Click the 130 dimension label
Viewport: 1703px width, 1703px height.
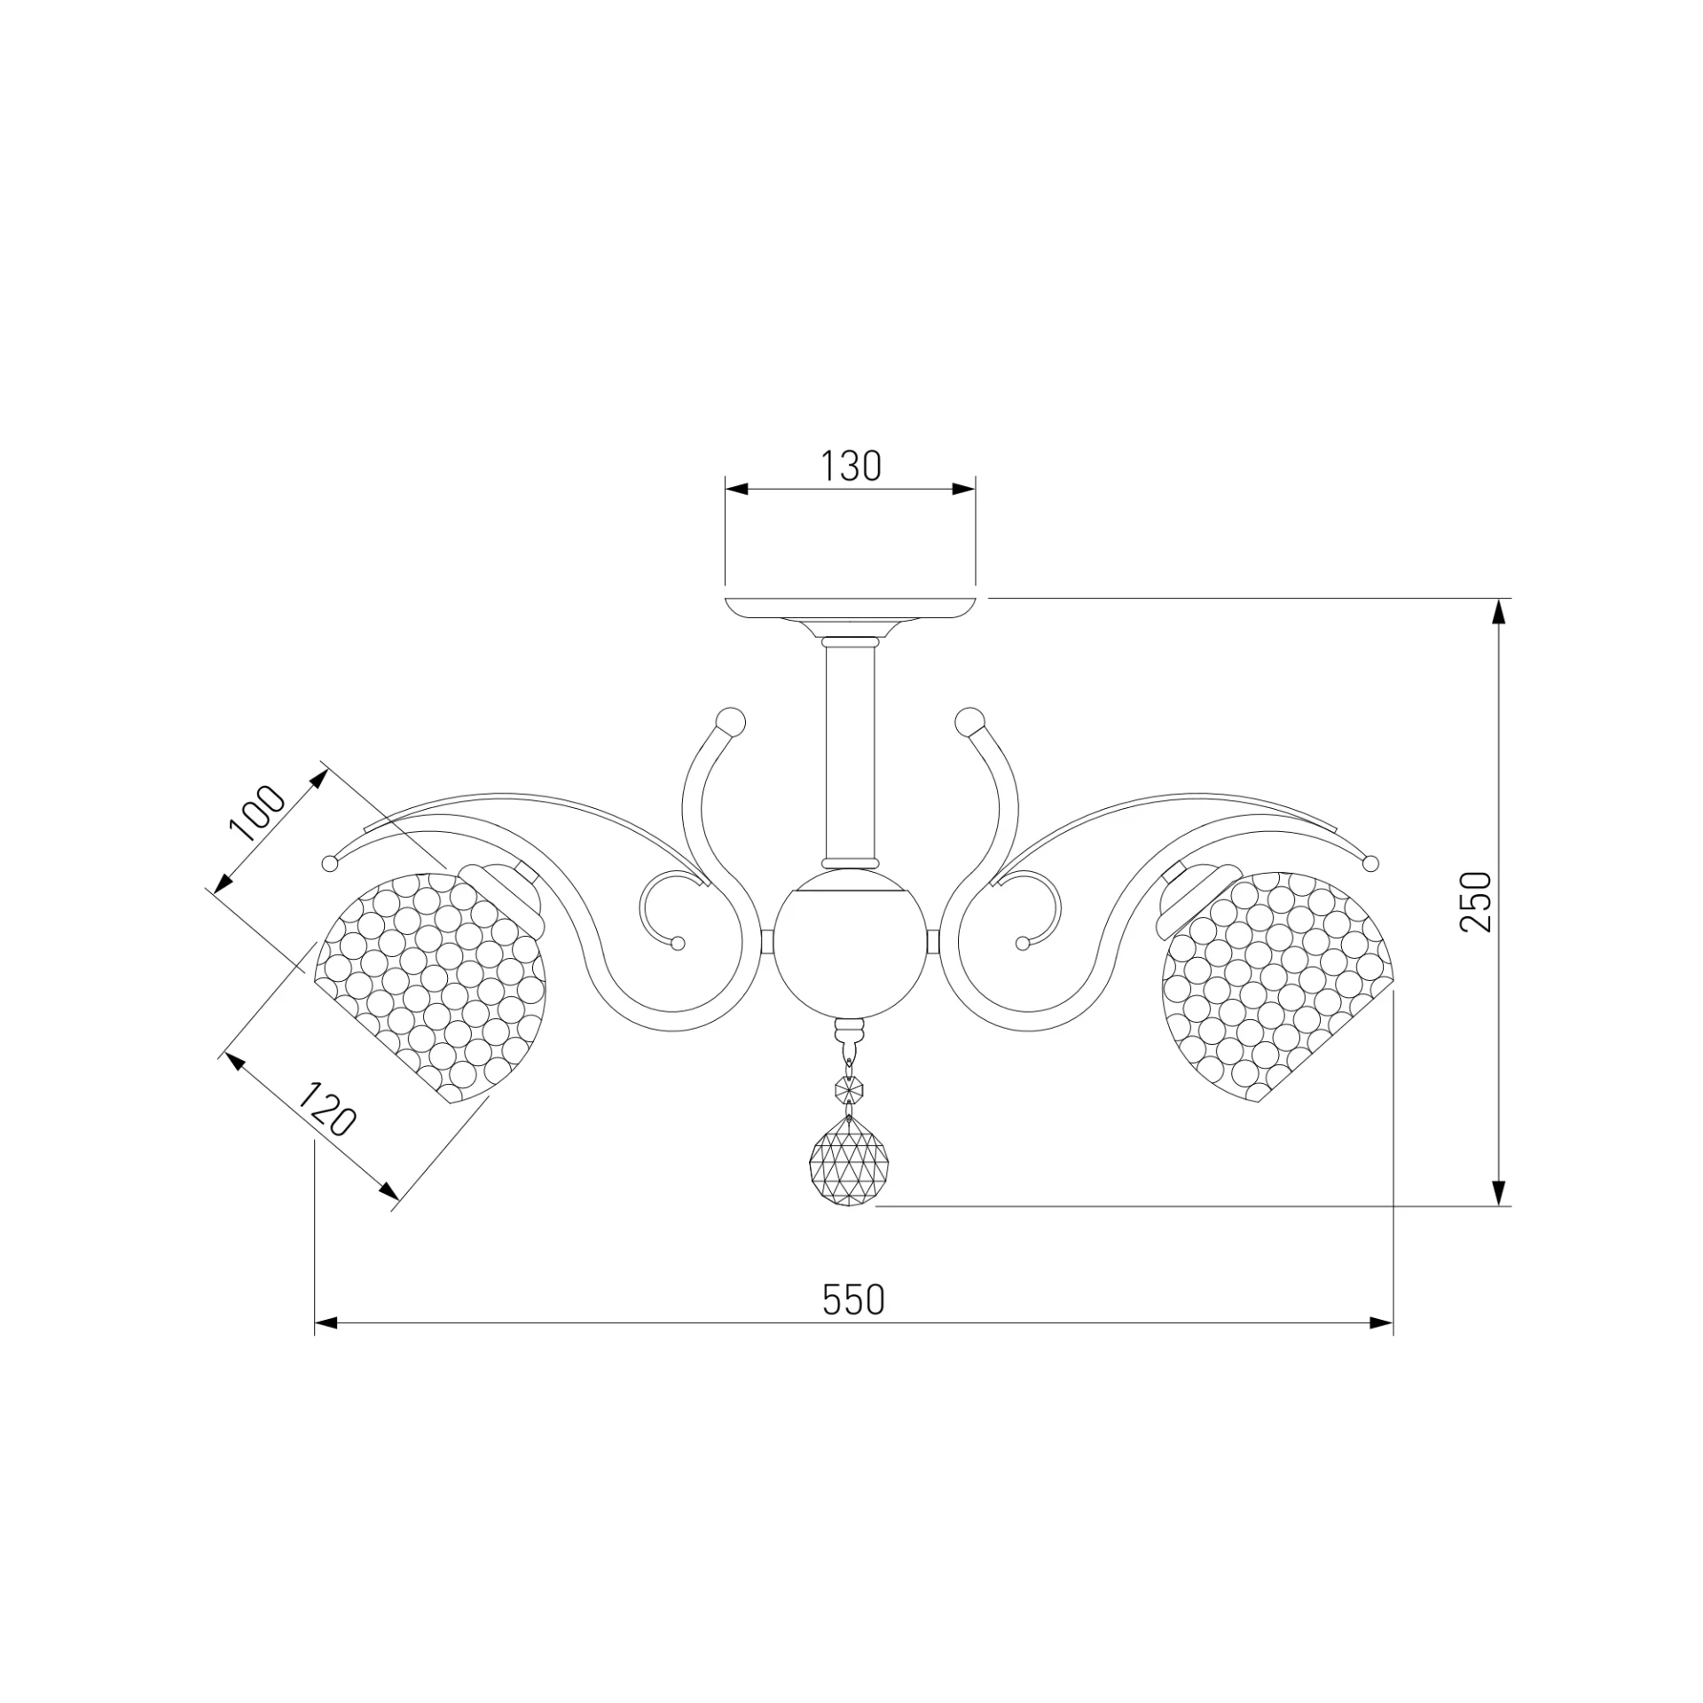[x=850, y=467]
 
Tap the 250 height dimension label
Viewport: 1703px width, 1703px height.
[x=1477, y=901]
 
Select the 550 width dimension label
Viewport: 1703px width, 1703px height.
[x=853, y=1300]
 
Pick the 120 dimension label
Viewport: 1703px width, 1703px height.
[x=326, y=1110]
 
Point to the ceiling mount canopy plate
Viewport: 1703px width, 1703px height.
[x=850, y=612]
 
